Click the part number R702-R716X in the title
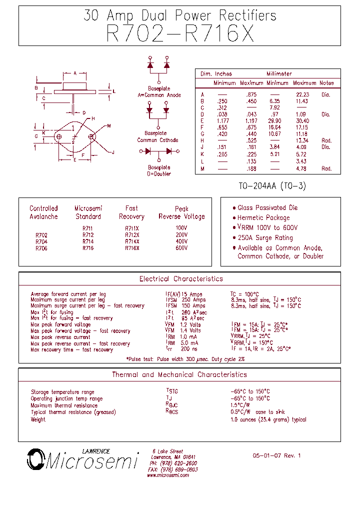click(x=180, y=34)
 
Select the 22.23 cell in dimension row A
click(x=302, y=94)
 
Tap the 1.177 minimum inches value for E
click(x=223, y=121)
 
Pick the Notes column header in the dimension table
click(x=326, y=83)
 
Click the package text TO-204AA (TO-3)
click(x=272, y=186)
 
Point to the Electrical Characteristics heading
click(x=181, y=279)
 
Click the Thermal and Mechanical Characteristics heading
click(x=179, y=374)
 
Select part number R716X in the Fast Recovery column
click(x=132, y=248)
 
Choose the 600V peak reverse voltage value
click(x=181, y=248)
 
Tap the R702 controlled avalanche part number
click(x=41, y=235)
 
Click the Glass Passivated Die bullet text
click(x=268, y=208)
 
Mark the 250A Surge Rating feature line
click(x=265, y=238)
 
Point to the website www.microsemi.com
click(x=168, y=475)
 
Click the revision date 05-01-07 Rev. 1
click(x=276, y=456)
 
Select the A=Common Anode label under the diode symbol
click(x=159, y=95)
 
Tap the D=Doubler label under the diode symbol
click(x=159, y=174)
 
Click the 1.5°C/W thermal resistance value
click(x=240, y=405)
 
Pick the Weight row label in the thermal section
click(x=38, y=419)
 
